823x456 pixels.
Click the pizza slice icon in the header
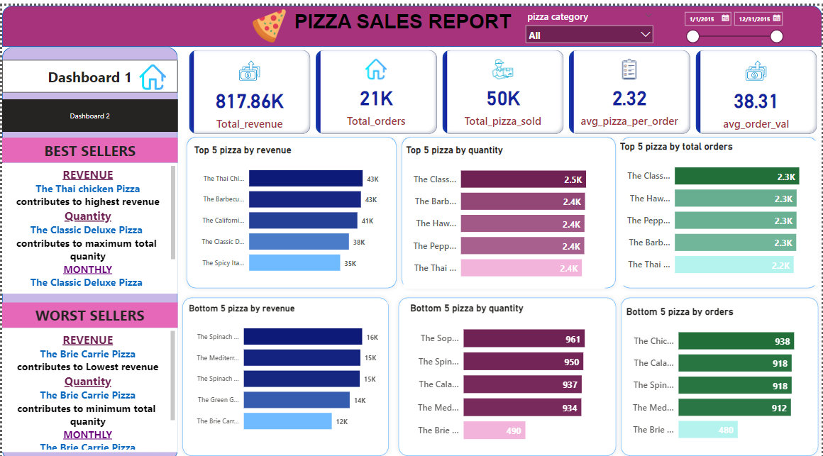270,25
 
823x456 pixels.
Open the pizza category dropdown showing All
589,35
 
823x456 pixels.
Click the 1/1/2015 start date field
707,19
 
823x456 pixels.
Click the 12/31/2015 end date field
758,19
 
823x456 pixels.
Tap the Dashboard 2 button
90,116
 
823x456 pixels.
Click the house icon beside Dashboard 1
152,77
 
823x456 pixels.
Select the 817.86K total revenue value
249,101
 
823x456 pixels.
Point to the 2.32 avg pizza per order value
629,99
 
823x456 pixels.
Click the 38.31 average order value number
756,101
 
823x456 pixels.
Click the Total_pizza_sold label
502,121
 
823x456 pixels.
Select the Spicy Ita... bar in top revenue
294,263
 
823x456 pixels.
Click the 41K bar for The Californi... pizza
303,221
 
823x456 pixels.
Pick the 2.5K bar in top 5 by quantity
523,179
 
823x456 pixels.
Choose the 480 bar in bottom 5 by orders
707,429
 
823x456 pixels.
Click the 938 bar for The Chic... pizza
736,341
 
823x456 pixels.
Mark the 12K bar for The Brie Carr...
287,421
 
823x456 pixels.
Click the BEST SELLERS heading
90,151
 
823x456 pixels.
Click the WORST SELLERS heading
90,316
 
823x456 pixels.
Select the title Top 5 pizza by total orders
676,147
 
